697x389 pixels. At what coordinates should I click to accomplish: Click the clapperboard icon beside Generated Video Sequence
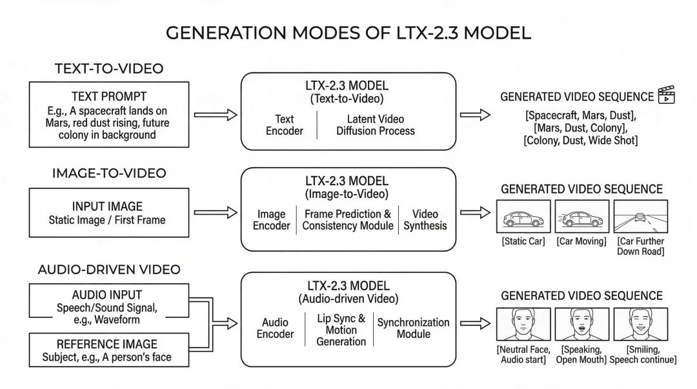[x=665, y=97]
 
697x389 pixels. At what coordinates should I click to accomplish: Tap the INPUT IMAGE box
[x=107, y=213]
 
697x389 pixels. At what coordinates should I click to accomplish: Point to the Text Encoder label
[x=285, y=125]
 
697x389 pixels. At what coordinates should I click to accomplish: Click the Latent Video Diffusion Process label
[x=375, y=125]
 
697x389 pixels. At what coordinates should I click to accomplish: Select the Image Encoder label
[x=271, y=220]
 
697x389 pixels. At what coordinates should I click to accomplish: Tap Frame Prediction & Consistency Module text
[x=347, y=220]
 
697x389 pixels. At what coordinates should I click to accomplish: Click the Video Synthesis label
[x=425, y=220]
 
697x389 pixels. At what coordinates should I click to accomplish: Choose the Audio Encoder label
[x=275, y=328]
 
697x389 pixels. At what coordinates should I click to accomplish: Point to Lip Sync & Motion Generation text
[x=341, y=330]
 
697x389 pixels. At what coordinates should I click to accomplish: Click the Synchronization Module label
[x=413, y=328]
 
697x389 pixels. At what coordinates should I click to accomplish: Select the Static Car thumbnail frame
[x=523, y=216]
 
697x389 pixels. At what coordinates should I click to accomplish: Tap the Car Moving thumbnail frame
[x=581, y=216]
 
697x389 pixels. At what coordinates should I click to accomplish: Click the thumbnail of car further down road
[x=640, y=216]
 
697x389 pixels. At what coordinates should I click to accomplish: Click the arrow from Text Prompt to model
[x=216, y=115]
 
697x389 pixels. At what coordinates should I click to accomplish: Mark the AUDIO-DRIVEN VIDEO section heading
[x=108, y=270]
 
